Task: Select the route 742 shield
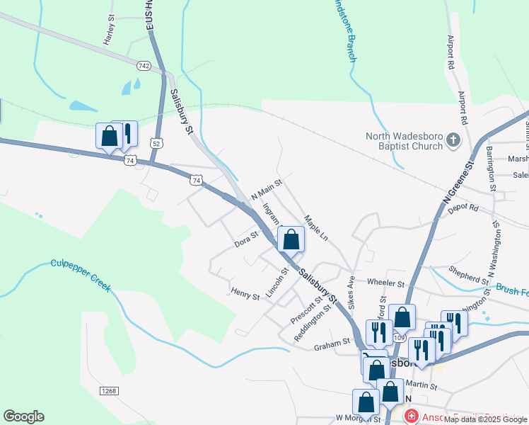[x=144, y=65]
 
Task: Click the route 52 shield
[x=155, y=142]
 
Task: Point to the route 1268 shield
[x=108, y=391]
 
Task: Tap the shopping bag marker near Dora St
[x=291, y=241]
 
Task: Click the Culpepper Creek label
[x=81, y=274]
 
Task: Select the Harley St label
[x=109, y=30]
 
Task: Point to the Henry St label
[x=245, y=293]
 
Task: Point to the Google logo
[x=23, y=416]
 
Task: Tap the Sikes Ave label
[x=350, y=291]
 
